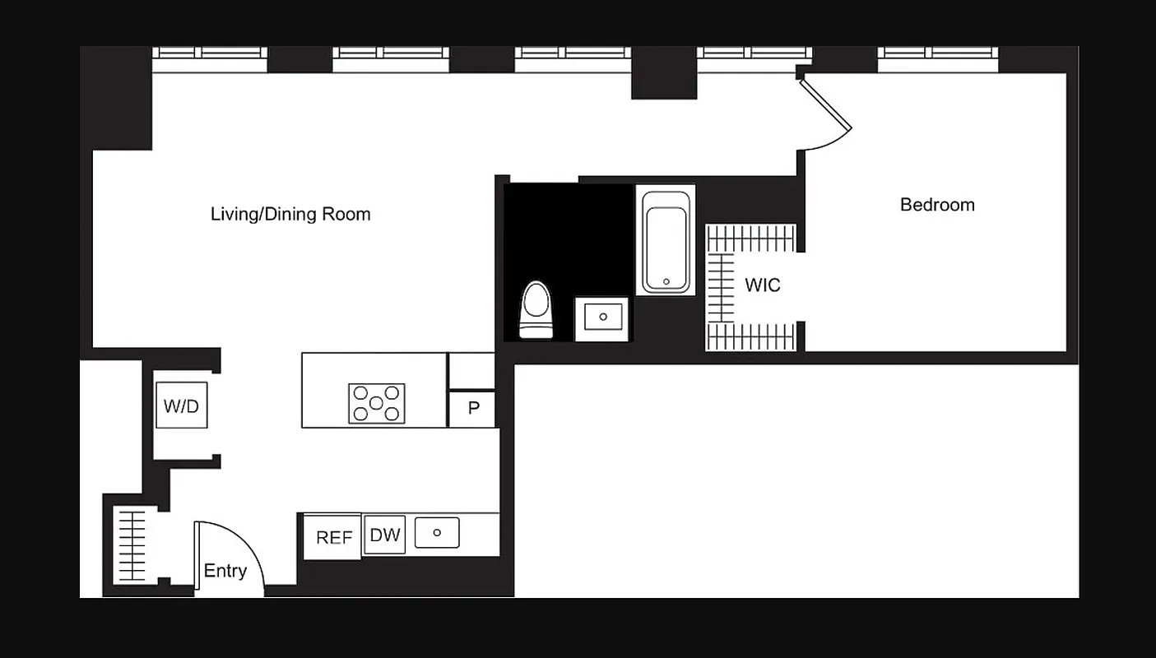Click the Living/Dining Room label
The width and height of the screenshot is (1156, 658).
[x=290, y=215]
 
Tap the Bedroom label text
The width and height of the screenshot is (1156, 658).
[x=937, y=205]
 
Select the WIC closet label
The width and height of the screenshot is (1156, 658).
[x=762, y=285]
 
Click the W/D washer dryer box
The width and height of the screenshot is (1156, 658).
[x=181, y=405]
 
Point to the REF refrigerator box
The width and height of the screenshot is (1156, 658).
[x=333, y=537]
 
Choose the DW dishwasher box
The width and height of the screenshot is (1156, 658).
[x=384, y=535]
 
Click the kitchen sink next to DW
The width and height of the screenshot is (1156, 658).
[x=436, y=533]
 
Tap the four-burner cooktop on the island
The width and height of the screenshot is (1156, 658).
[x=376, y=403]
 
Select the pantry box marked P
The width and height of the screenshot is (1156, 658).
[x=472, y=409]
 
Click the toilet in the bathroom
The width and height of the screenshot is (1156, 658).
[x=536, y=310]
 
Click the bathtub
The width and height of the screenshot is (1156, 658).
[x=666, y=239]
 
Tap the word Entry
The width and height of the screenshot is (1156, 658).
[x=225, y=571]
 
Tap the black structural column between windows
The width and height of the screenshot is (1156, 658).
[x=663, y=73]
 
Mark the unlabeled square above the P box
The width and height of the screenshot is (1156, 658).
[x=471, y=371]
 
